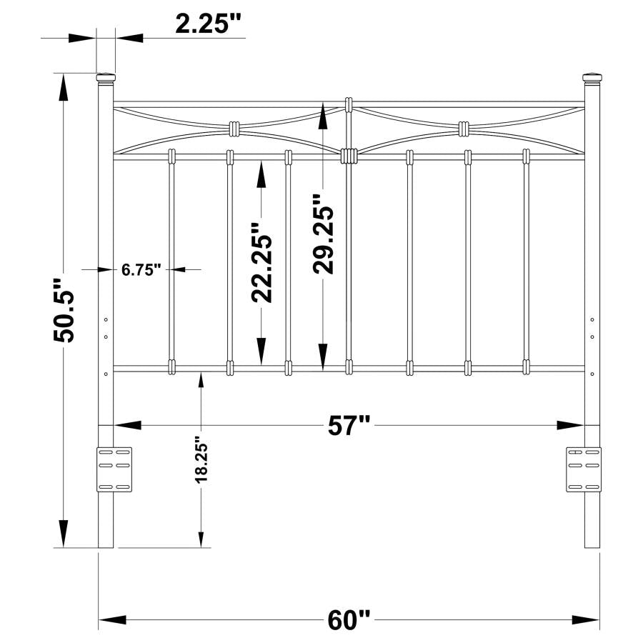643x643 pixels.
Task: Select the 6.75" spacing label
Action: point(141,269)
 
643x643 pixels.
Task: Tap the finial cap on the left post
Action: point(105,76)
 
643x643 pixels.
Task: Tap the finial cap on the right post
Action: point(592,76)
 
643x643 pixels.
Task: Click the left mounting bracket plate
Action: point(114,469)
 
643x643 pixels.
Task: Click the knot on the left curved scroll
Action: point(234,129)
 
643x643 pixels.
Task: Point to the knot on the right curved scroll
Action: point(464,129)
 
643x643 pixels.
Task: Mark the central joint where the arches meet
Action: point(349,155)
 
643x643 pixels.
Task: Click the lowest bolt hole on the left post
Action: point(106,372)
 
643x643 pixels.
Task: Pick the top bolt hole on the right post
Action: point(592,320)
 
